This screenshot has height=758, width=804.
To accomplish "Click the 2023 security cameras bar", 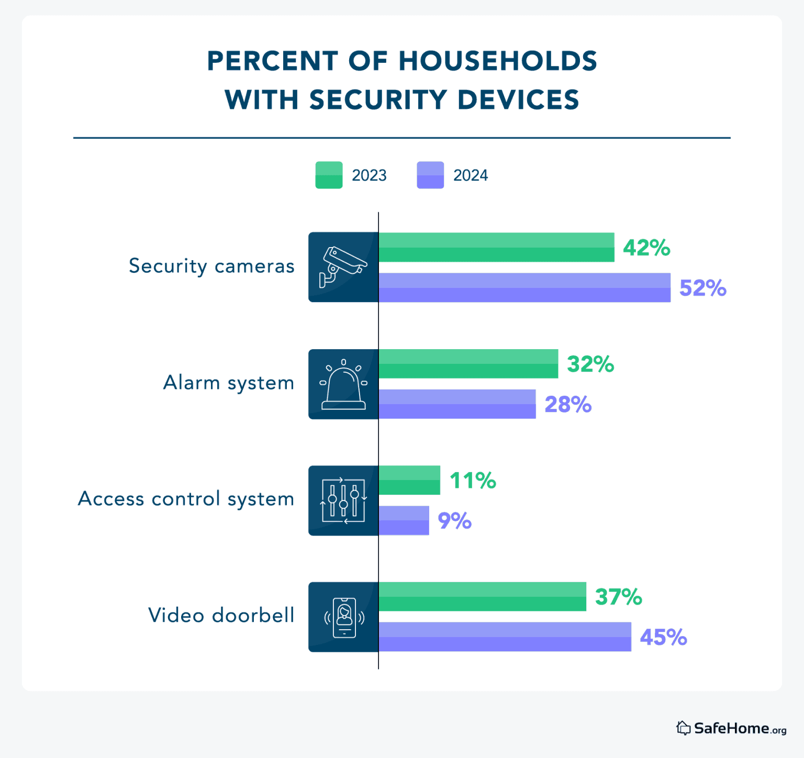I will [x=496, y=247].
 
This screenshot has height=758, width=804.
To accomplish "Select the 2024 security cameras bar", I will [x=524, y=287].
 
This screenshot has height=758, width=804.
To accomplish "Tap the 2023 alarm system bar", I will [x=468, y=364].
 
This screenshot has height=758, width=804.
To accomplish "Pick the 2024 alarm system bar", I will [x=457, y=404].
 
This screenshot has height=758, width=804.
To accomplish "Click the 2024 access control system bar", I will [x=404, y=520].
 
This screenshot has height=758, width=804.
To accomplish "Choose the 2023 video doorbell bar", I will [x=482, y=596].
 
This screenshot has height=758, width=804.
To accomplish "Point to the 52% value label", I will [x=702, y=288].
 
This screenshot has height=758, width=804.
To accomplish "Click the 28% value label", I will [x=568, y=405].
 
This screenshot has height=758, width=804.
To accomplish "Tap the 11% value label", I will [x=473, y=481].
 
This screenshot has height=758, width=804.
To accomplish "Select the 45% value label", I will [x=663, y=638].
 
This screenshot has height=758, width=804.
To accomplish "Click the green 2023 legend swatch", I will [x=329, y=175].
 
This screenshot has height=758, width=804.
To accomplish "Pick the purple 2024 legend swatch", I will [x=430, y=175].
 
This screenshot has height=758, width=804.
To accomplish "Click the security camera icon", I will [x=343, y=267].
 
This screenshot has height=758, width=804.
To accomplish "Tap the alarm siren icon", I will [x=343, y=384].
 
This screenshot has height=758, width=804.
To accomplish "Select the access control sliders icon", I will [x=343, y=500].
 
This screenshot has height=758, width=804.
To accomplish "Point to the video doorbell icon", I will [x=344, y=617].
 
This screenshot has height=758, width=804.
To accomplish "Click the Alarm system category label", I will [x=229, y=383].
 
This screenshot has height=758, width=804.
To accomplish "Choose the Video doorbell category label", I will [x=221, y=616].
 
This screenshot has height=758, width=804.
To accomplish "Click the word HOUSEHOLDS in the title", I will [x=497, y=61].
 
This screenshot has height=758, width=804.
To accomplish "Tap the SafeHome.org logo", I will [x=731, y=728].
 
